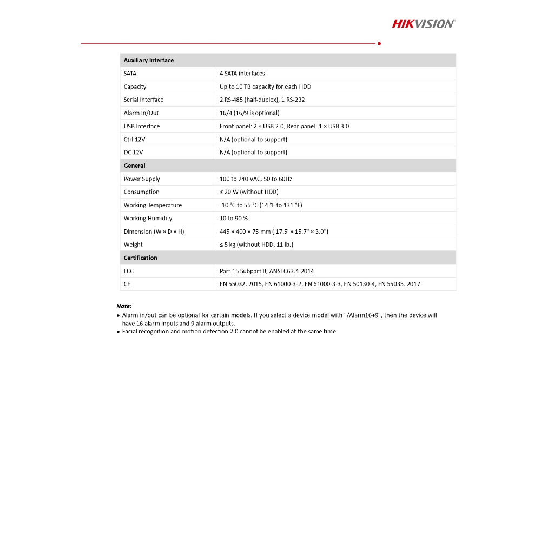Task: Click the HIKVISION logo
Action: point(424,23)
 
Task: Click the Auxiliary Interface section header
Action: point(149,60)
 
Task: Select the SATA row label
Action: point(130,74)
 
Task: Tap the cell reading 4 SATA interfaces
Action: point(242,74)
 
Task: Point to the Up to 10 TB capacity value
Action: point(265,87)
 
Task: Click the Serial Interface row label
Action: point(143,100)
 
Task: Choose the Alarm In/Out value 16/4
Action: point(249,113)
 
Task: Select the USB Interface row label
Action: point(142,126)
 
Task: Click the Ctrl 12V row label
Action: point(134,140)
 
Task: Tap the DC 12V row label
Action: point(133,153)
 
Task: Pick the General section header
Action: point(134,166)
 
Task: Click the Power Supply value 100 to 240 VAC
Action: point(256,179)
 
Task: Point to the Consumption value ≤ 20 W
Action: point(249,192)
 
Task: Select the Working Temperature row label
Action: point(153,205)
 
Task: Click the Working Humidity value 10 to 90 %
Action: point(234,219)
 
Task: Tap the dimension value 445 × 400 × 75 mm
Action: point(274,232)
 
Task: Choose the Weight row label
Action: point(133,245)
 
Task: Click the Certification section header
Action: point(140,258)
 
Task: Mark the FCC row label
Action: point(128,271)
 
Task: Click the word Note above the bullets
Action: point(124,306)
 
